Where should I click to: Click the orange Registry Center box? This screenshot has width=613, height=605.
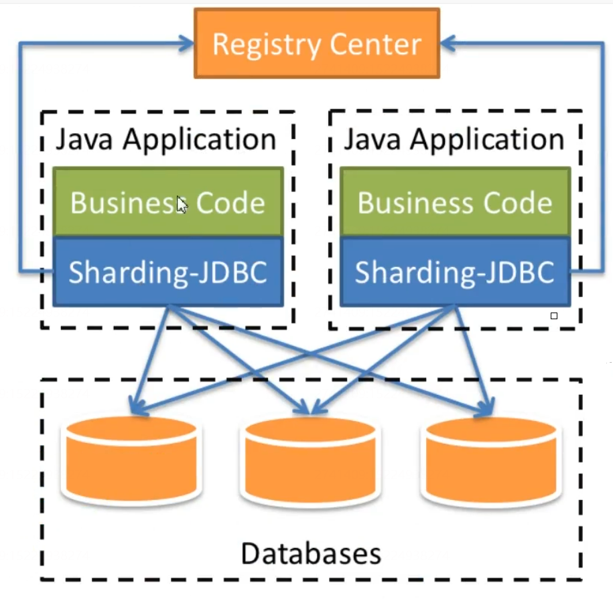[x=317, y=44]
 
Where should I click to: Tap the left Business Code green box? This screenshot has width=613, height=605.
[x=167, y=202]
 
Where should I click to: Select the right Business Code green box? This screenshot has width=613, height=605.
[x=455, y=202]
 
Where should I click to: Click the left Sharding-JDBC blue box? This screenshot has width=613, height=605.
[x=167, y=272]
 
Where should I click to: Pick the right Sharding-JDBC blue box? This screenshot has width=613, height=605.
[x=455, y=272]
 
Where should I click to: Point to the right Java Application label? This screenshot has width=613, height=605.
[x=454, y=140]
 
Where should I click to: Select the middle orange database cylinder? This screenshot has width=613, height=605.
[x=310, y=462]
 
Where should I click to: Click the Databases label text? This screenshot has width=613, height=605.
[x=311, y=553]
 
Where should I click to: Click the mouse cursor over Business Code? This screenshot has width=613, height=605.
[x=182, y=204]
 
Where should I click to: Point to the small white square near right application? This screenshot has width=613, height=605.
[x=554, y=315]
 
